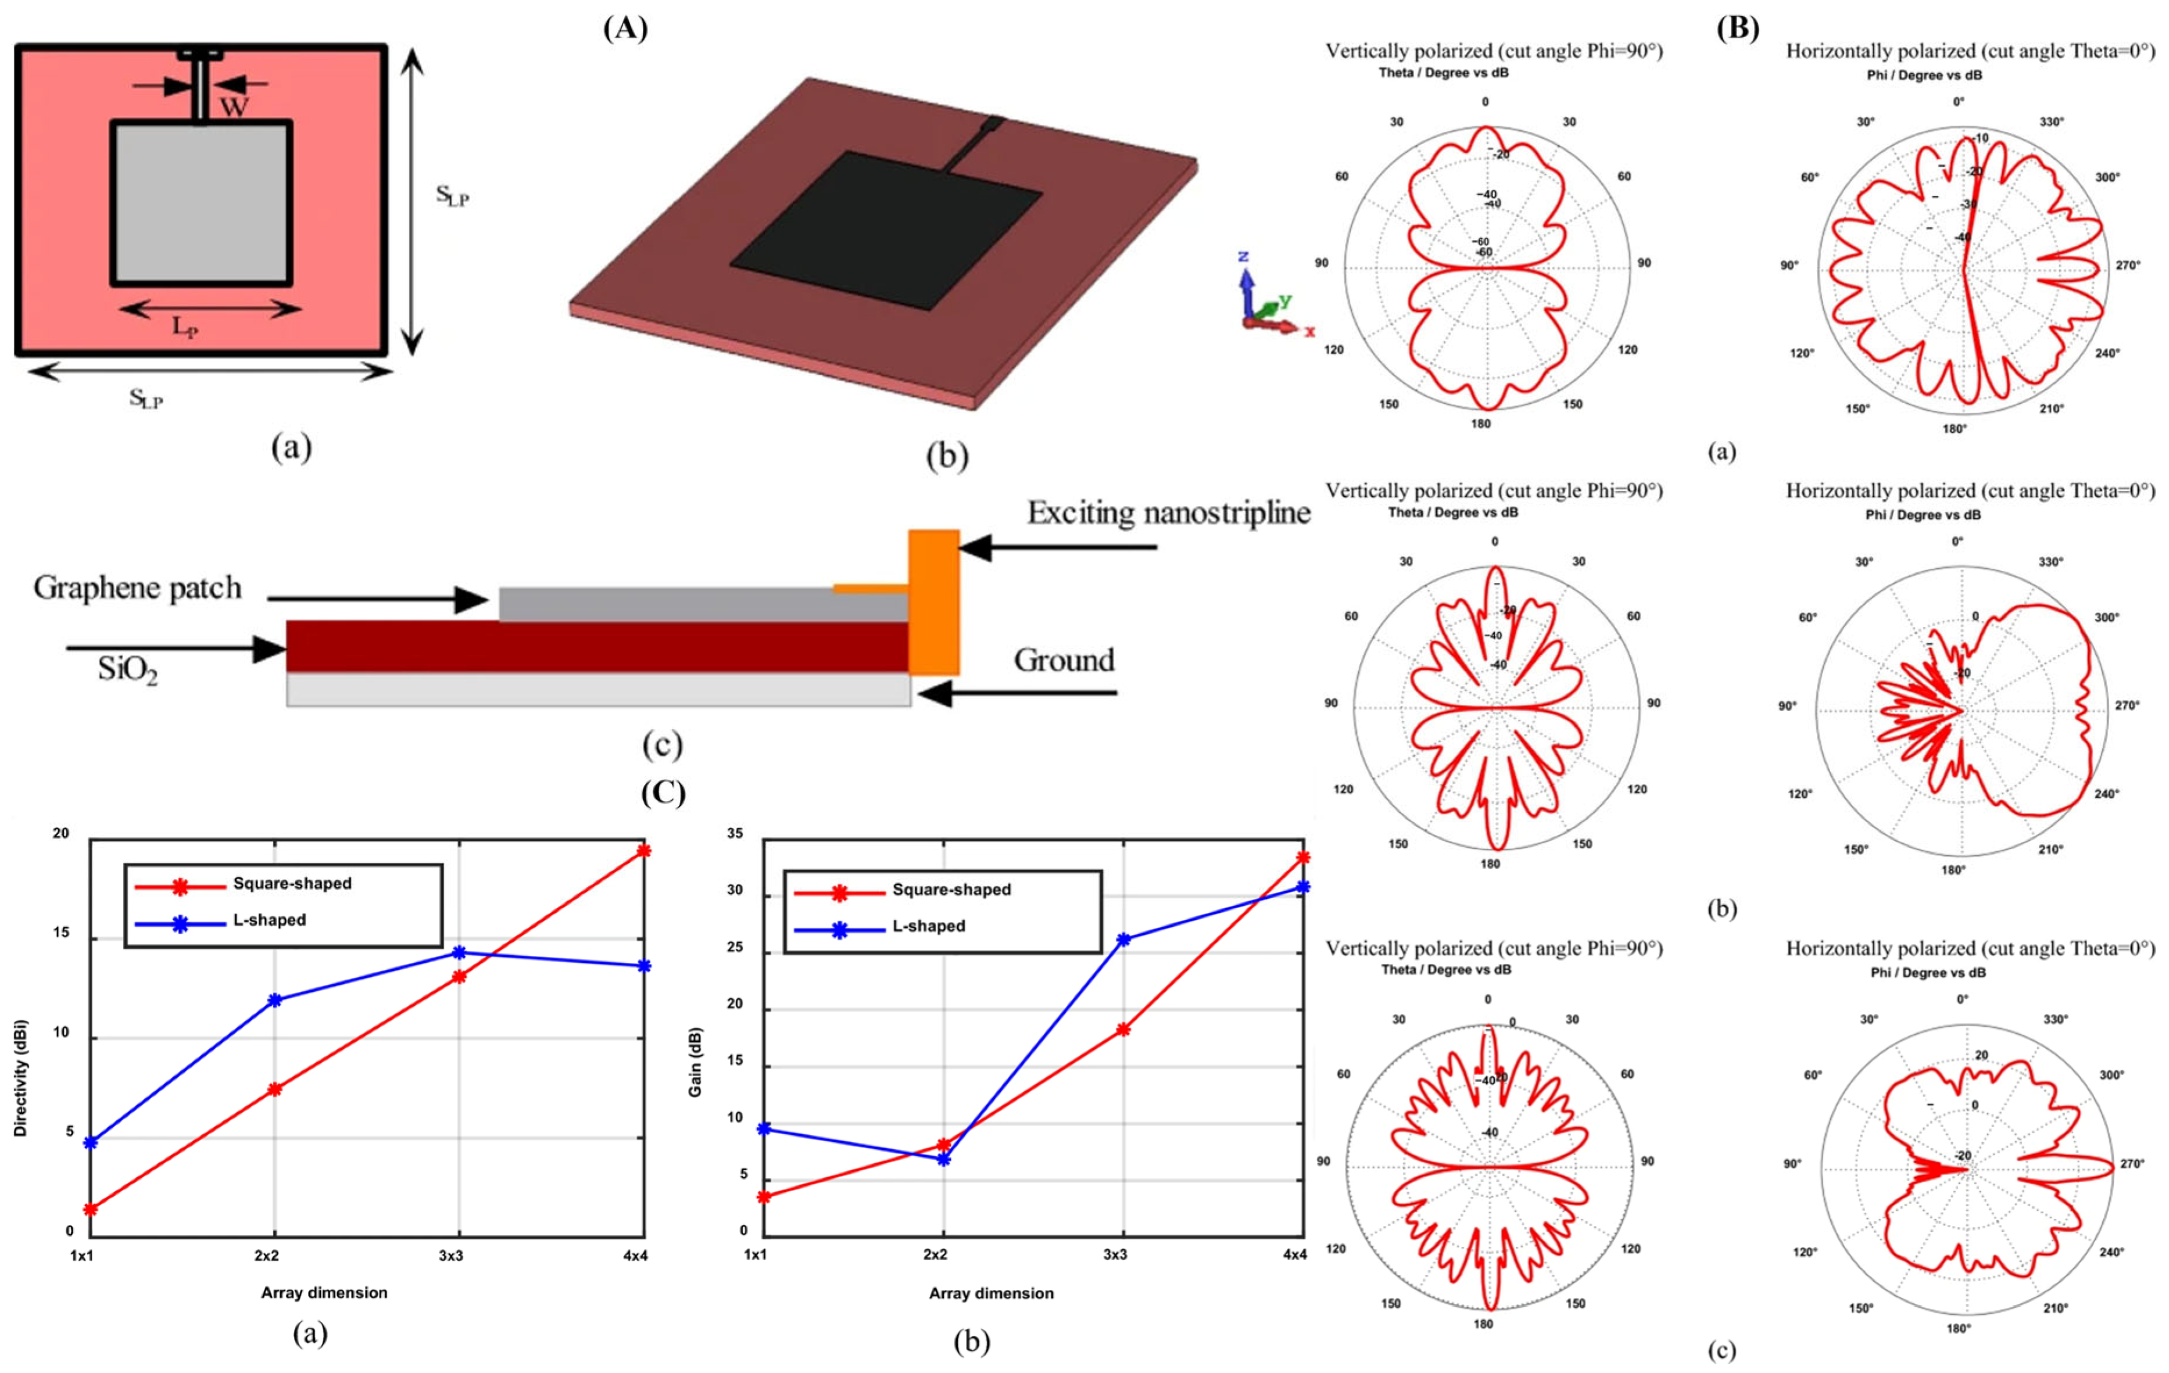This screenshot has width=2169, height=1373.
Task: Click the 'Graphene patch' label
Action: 138,588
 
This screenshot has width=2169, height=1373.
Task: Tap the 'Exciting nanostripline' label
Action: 1168,513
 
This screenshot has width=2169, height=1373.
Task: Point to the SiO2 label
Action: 127,670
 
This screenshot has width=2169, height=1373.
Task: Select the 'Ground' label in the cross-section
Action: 1064,660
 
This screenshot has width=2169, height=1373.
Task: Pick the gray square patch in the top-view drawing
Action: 202,203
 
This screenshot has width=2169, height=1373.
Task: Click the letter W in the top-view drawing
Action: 234,107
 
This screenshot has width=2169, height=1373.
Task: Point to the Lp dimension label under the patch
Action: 185,327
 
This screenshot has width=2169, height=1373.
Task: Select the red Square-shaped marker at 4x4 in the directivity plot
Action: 644,850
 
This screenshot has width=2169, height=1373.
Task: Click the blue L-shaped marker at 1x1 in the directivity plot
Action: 90,1142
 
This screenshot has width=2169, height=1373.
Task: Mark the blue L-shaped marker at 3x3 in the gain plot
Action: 1123,939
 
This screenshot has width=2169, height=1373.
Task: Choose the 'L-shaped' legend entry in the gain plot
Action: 928,926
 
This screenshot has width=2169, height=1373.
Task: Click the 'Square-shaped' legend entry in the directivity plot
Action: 292,883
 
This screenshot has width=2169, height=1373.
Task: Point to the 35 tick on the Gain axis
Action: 736,834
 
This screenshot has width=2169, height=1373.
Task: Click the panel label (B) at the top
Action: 1738,29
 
